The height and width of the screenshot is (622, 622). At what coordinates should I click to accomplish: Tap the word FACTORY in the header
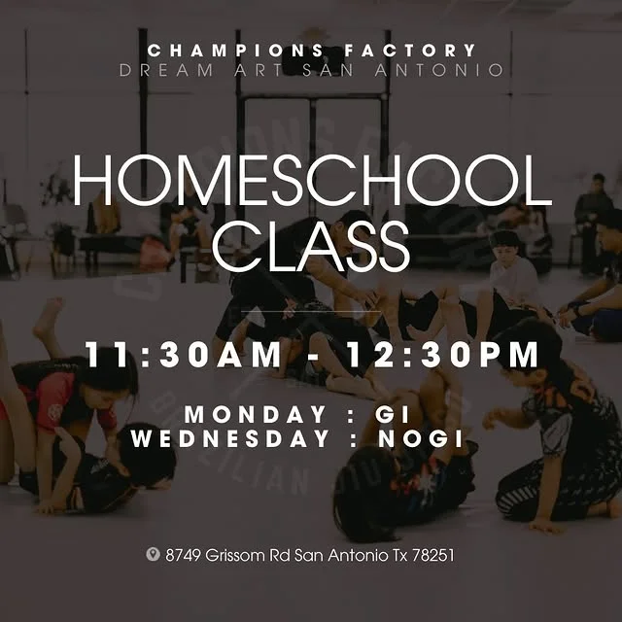410,51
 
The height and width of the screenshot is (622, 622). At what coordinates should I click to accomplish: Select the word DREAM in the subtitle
166,70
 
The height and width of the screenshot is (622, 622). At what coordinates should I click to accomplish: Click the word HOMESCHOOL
312,181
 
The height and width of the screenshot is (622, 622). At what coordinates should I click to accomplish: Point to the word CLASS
311,246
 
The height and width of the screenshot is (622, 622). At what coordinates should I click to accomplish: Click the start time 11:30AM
184,355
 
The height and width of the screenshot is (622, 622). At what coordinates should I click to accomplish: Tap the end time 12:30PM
443,355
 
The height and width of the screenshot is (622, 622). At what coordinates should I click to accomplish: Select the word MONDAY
255,415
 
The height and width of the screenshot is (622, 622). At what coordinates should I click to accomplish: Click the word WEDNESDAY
230,438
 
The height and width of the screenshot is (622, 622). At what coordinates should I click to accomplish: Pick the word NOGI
421,438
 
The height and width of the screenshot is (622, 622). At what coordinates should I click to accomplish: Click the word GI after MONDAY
393,415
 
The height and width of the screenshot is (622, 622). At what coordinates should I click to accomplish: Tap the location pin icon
153,554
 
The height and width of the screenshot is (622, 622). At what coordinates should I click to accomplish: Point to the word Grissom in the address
236,555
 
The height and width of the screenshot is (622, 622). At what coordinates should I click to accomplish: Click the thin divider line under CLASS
311,312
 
